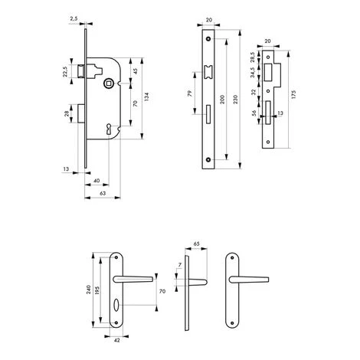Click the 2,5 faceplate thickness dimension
74,18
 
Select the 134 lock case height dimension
146,97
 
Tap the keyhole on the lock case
109,129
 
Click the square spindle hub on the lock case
108,83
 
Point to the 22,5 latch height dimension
65,71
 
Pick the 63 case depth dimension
103,193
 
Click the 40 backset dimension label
97,181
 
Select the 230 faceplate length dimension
235,99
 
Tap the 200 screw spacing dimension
222,99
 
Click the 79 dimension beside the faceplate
189,93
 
